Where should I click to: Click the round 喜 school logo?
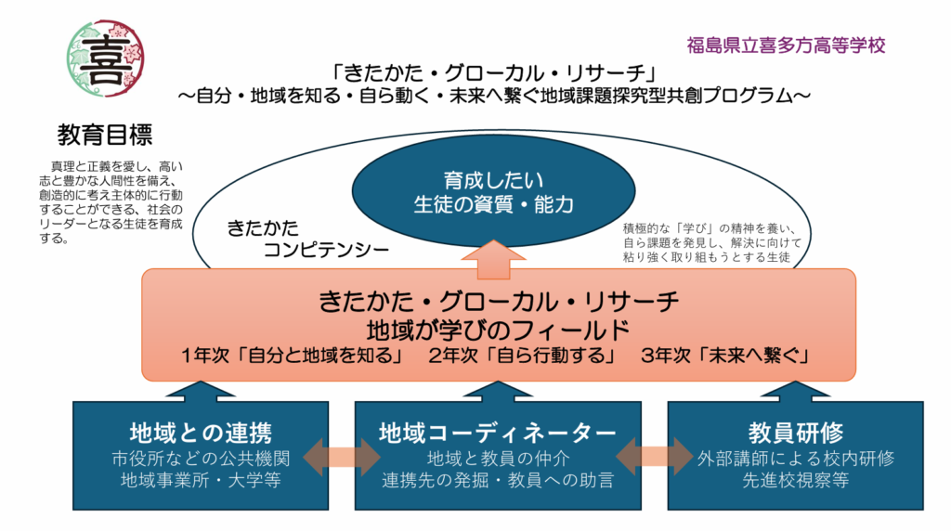(106, 58)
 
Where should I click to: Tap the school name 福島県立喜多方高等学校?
(786, 45)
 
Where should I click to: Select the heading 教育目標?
(105, 135)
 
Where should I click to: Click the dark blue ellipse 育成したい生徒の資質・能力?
(493, 191)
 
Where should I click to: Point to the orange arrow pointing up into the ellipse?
(493, 259)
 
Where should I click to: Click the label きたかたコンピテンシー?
(307, 239)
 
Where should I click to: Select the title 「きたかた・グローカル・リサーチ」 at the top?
(494, 72)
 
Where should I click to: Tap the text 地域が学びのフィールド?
(499, 330)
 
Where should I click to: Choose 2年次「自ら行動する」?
(522, 356)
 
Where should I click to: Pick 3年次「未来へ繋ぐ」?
(726, 356)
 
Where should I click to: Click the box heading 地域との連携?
(201, 433)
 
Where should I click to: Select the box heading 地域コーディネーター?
(498, 433)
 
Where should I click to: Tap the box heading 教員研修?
(795, 433)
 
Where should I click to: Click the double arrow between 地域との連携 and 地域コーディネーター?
(342, 457)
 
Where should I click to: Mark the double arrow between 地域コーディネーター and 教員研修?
(655, 456)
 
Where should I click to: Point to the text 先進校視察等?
(795, 480)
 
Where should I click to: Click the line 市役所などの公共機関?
(201, 459)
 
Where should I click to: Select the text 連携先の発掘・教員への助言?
(498, 480)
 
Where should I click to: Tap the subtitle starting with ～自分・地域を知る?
(494, 96)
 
